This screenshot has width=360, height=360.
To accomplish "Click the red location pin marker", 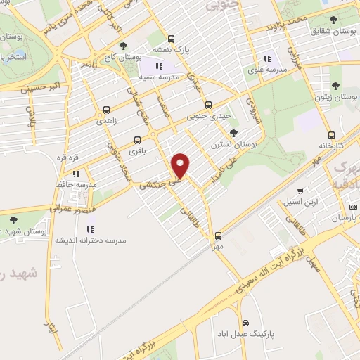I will [x=181, y=166].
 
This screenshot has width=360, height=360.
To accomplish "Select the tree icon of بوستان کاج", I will [x=124, y=46].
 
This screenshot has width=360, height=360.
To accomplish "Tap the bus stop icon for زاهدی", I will [x=106, y=110].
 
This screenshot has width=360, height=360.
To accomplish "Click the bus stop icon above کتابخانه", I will [x=330, y=135].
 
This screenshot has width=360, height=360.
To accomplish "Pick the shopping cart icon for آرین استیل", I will [x=300, y=190].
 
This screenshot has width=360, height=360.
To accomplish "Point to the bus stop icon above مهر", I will [x=218, y=236].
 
